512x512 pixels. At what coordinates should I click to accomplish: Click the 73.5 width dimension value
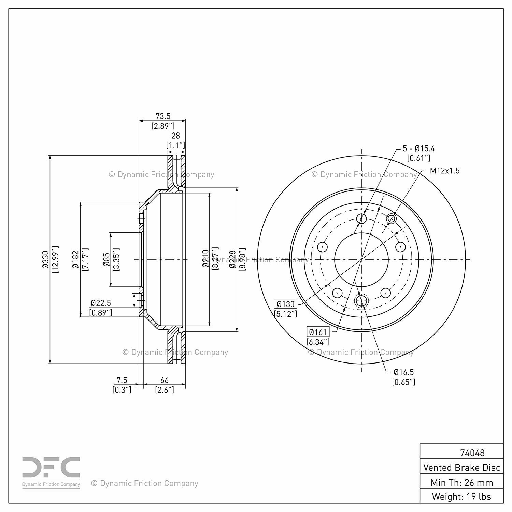tap(162, 116)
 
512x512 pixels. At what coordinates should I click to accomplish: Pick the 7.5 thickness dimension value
tap(122, 380)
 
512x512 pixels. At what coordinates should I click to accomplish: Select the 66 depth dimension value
tap(165, 380)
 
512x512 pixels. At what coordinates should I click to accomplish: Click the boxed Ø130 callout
tap(285, 304)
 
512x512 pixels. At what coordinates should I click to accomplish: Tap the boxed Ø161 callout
tap(318, 332)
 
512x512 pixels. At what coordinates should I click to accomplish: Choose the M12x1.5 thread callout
tap(444, 171)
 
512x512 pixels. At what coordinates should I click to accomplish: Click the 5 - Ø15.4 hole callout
tap(418, 148)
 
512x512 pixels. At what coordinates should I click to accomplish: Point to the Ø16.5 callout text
tap(403, 372)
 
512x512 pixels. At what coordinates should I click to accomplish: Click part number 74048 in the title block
tap(472, 453)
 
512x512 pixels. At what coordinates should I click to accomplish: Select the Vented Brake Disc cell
tap(461, 467)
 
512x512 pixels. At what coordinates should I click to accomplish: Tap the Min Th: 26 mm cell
tap(461, 482)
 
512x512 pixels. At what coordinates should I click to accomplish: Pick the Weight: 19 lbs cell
tap(461, 496)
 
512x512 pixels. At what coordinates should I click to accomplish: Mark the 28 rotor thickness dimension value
tap(175, 136)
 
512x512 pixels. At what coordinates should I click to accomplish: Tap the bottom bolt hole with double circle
tap(361, 301)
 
